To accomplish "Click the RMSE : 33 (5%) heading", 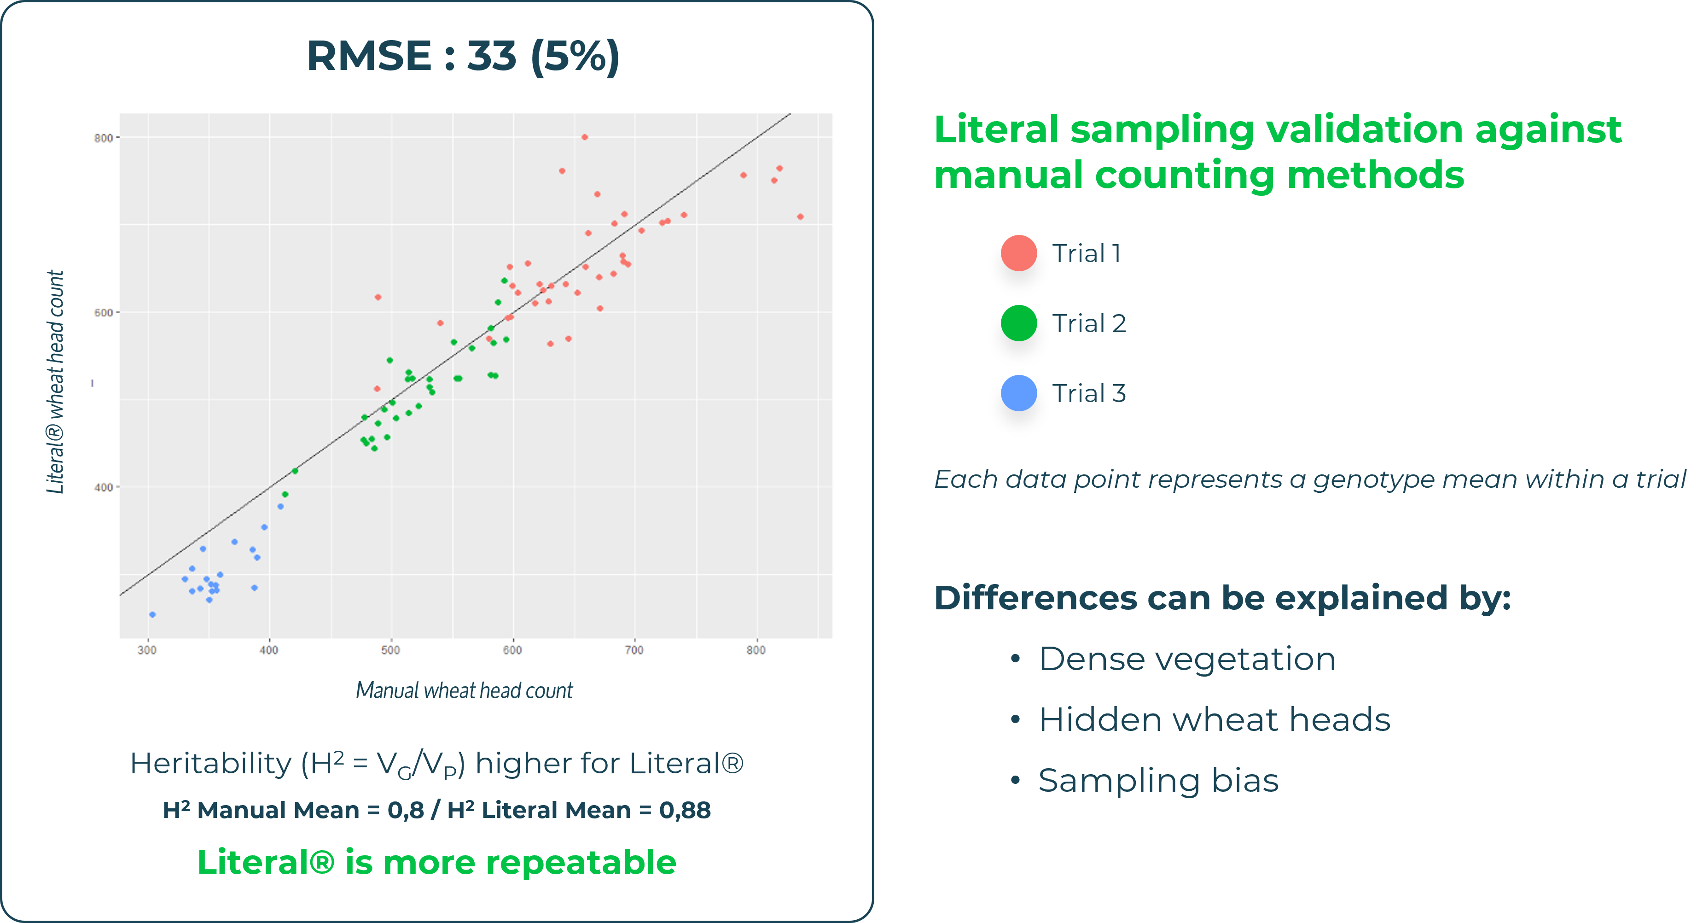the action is click(463, 56).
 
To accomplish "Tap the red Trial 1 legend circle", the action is click(1019, 253).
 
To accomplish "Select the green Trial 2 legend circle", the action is click(1019, 323).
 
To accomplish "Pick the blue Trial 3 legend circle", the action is click(1019, 393).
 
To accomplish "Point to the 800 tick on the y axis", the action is click(103, 138).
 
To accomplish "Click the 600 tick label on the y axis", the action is click(103, 313).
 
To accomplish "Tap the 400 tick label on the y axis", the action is click(103, 487).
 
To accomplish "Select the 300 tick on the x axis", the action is click(147, 650).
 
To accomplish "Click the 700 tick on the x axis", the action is click(634, 650).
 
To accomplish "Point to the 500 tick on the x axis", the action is click(391, 650).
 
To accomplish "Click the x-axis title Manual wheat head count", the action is click(464, 691).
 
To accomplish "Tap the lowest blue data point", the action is click(153, 615).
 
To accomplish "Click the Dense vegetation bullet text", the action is click(1187, 659).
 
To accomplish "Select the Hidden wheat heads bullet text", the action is click(1215, 720).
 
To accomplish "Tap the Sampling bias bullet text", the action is click(1158, 781).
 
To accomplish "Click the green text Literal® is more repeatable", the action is click(437, 863).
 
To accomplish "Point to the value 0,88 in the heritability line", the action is click(685, 811).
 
